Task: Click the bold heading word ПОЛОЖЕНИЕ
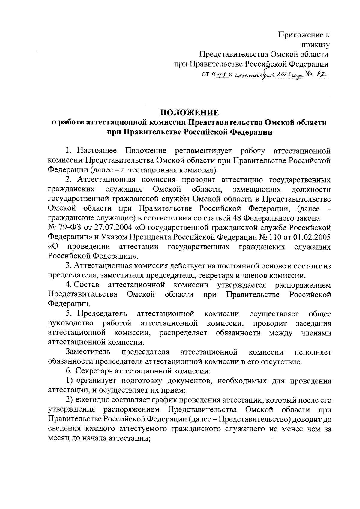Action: coord(189,113)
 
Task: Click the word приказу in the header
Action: coord(315,45)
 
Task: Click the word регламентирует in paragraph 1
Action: coord(203,151)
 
